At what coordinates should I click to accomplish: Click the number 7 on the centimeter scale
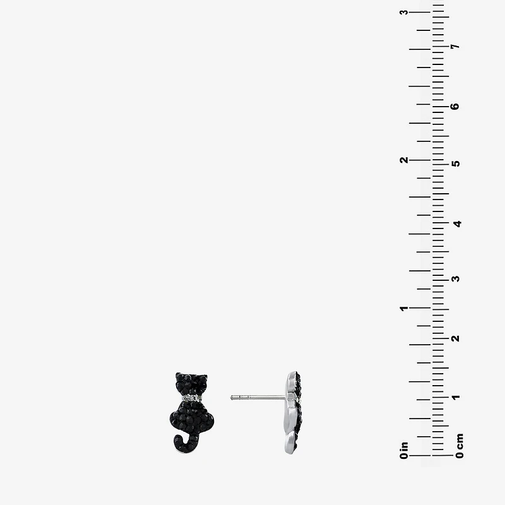(x=455, y=46)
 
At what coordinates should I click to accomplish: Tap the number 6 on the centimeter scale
(x=455, y=106)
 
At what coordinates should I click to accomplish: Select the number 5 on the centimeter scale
(x=456, y=163)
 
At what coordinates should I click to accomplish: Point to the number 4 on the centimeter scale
(x=457, y=223)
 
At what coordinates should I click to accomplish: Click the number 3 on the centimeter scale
(x=455, y=278)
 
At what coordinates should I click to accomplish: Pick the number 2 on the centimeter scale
(x=455, y=338)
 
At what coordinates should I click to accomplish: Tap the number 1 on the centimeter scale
(x=455, y=397)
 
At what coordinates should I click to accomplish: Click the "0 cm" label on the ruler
(x=460, y=446)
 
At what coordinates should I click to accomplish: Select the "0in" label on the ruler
(x=404, y=450)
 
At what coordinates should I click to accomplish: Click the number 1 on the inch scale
(x=404, y=308)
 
